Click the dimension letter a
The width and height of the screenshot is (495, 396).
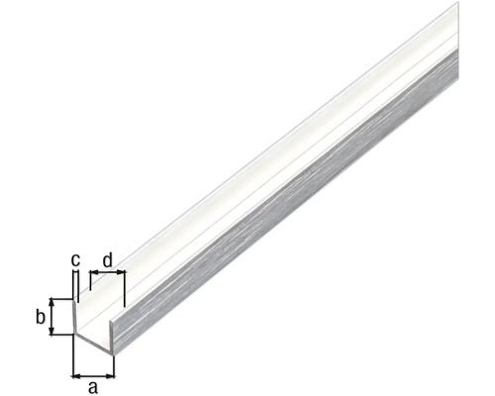93,387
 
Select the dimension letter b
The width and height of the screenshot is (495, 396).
41,318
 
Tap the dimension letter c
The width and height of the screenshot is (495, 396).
75,260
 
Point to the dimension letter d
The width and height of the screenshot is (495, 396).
108,260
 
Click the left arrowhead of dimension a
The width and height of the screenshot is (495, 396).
76,375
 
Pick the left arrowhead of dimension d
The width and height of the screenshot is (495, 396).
94,272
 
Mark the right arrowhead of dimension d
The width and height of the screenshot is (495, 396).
122,272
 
